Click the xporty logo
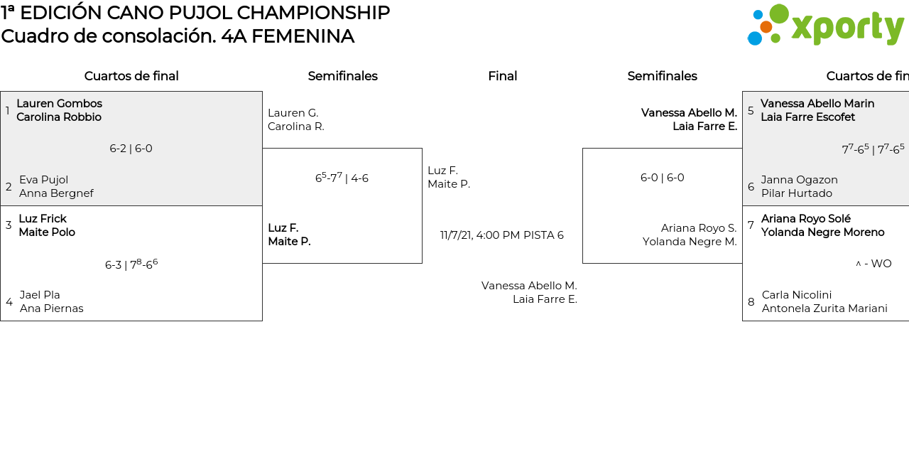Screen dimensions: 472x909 [x=825, y=26]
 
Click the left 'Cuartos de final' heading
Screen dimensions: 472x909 [x=131, y=76]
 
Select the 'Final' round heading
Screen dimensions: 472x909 [x=502, y=76]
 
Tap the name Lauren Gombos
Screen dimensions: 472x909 [x=59, y=104]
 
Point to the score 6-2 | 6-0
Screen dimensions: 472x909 [x=131, y=149]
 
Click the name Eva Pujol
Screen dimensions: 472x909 [x=43, y=180]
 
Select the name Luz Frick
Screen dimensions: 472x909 [x=43, y=219]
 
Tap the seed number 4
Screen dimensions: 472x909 [x=9, y=302]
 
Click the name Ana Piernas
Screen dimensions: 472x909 [x=51, y=309]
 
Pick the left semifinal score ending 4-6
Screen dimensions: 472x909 [x=342, y=178]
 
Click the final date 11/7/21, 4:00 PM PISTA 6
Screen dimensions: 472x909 [x=501, y=235]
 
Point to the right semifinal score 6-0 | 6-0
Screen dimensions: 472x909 [x=662, y=178]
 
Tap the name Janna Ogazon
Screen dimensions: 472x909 [x=799, y=180]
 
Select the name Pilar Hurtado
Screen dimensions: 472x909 [x=796, y=193]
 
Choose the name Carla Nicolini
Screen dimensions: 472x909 [x=796, y=295]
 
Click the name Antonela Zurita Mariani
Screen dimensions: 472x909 [x=824, y=309]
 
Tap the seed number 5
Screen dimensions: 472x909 [x=751, y=111]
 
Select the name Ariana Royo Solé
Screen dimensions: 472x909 [x=805, y=219]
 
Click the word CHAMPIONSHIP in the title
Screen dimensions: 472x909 [x=313, y=13]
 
